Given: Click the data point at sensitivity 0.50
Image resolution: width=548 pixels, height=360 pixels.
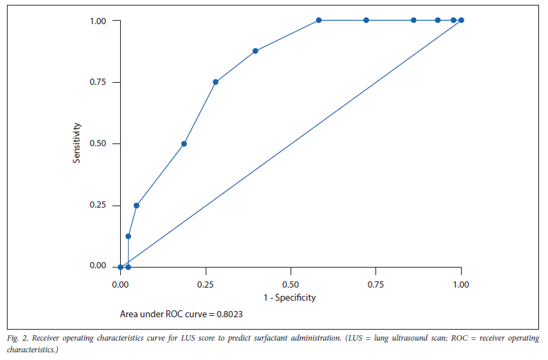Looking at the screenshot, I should (x=184, y=143).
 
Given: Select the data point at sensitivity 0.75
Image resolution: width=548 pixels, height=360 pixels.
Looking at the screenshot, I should (x=215, y=82).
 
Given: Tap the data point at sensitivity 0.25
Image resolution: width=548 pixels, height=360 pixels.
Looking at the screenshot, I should (x=137, y=206).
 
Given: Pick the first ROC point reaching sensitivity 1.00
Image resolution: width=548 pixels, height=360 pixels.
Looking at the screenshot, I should (x=319, y=20).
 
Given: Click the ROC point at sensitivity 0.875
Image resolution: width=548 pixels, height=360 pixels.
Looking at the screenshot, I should (x=255, y=51).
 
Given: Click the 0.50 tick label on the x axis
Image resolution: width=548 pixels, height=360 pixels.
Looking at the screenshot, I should (x=291, y=283).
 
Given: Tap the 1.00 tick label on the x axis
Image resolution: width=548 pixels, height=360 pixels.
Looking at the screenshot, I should (x=461, y=283).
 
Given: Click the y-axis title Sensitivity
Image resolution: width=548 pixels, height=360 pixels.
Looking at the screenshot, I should (x=78, y=143).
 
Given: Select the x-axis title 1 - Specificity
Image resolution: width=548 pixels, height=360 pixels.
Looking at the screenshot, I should (x=291, y=298).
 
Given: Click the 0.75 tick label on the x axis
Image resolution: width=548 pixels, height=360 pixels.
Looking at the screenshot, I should (x=375, y=283).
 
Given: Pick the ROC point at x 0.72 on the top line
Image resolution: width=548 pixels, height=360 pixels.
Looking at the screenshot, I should (x=366, y=20).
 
